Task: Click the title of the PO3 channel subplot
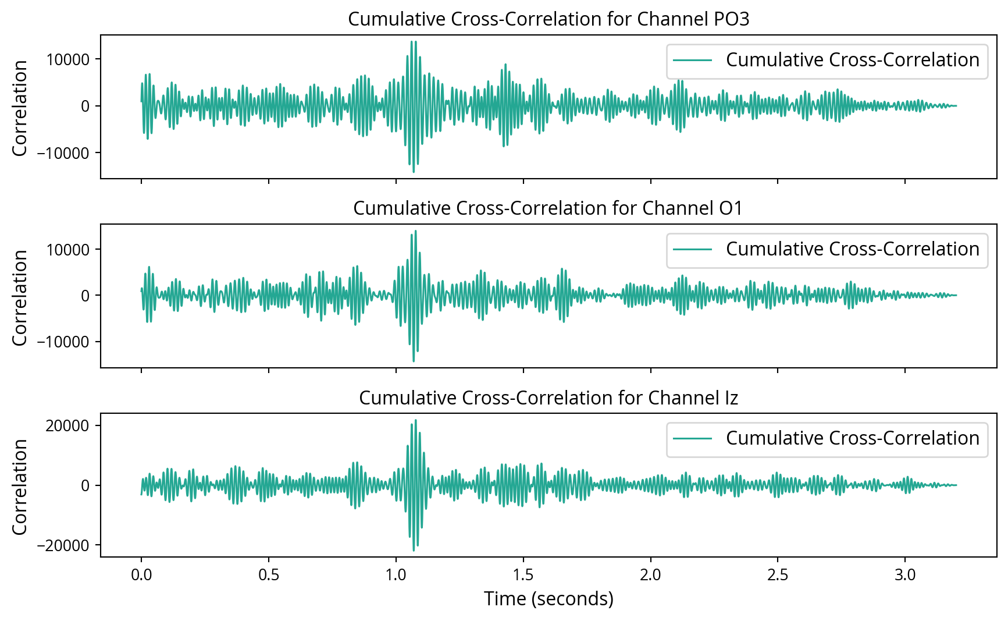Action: pyautogui.click(x=548, y=19)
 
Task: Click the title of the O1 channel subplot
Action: pyautogui.click(x=548, y=208)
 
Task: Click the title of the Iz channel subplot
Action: pyautogui.click(x=548, y=398)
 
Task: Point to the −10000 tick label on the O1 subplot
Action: pyautogui.click(x=63, y=342)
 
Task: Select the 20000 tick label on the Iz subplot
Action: pyautogui.click(x=67, y=425)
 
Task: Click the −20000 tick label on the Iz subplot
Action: pyautogui.click(x=63, y=545)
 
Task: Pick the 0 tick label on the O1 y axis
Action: pyautogui.click(x=86, y=296)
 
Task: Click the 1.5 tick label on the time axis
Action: pyautogui.click(x=523, y=575)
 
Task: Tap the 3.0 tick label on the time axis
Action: pyautogui.click(x=904, y=575)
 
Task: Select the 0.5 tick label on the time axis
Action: pyautogui.click(x=268, y=575)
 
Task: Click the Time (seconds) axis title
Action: pyautogui.click(x=548, y=599)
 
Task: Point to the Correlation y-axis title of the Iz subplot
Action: pyautogui.click(x=20, y=487)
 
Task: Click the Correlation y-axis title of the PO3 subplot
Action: pyautogui.click(x=20, y=108)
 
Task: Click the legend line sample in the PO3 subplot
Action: pyautogui.click(x=692, y=60)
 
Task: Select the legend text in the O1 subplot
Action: pyautogui.click(x=852, y=249)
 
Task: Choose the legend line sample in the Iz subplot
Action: pyautogui.click(x=692, y=438)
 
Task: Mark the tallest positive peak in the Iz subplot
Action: pyautogui.click(x=415, y=420)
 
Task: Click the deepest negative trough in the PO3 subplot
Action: pyautogui.click(x=414, y=172)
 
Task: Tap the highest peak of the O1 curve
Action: pyautogui.click(x=415, y=231)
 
